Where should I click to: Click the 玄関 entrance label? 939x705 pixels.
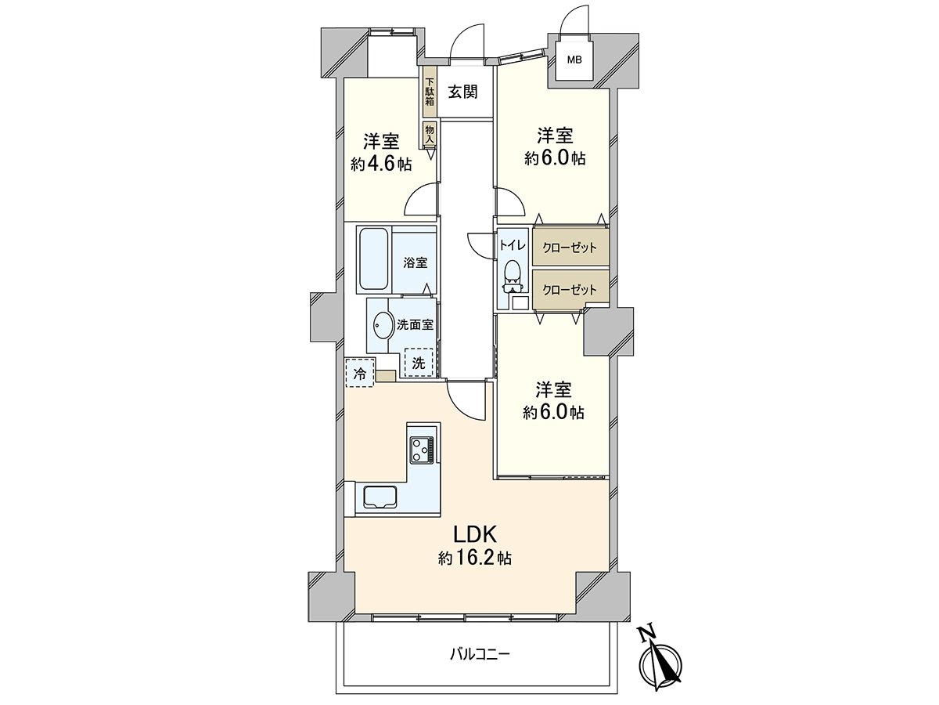pyautogui.click(x=463, y=91)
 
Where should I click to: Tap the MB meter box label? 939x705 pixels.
pyautogui.click(x=575, y=59)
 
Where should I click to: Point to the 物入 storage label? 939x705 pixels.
pyautogui.click(x=430, y=133)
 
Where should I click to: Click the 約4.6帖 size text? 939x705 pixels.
pyautogui.click(x=381, y=164)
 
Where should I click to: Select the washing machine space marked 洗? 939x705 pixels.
pyautogui.click(x=419, y=362)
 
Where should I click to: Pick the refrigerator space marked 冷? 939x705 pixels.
pyautogui.click(x=359, y=374)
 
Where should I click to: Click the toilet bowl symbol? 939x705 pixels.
pyautogui.click(x=513, y=272)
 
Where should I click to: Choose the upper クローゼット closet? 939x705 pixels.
pyautogui.click(x=570, y=247)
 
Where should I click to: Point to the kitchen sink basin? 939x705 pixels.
pyautogui.click(x=378, y=497)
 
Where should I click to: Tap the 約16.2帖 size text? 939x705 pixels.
pyautogui.click(x=475, y=559)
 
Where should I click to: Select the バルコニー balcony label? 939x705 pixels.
pyautogui.click(x=480, y=653)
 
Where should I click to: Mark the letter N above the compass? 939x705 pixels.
pyautogui.click(x=646, y=634)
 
